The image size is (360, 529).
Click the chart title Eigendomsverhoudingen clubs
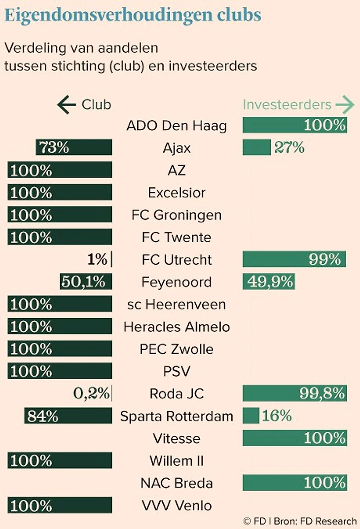tap(133, 15)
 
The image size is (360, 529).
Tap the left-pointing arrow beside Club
tap(66, 105)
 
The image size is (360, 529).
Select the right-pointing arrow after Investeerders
tap(345, 105)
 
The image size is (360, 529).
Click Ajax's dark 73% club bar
tap(74, 148)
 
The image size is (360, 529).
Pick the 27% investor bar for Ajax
tap(256, 148)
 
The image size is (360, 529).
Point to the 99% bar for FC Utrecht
tap(294, 259)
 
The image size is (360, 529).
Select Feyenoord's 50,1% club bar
tap(86, 282)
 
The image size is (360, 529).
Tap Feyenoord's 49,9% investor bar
tap(269, 282)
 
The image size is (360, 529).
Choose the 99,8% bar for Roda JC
tap(294, 393)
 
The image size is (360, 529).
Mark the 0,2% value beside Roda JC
tap(91, 393)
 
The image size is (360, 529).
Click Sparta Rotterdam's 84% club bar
tap(69, 416)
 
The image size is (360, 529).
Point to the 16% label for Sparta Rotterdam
tap(277, 416)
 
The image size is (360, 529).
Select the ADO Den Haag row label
tap(177, 126)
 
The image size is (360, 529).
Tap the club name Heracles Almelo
tap(177, 326)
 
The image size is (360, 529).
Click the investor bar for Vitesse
tap(294, 438)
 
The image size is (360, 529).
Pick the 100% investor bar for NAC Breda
tap(294, 483)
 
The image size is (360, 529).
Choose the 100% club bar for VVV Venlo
tap(60, 505)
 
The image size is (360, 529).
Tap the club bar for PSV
tap(60, 371)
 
